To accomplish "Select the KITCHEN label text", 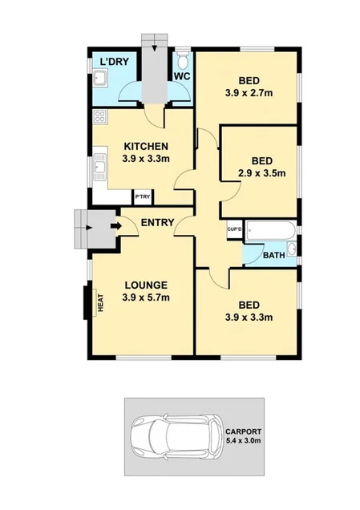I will click(x=145, y=146).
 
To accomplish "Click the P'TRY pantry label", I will click(x=142, y=196).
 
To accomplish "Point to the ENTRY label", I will click(x=157, y=222).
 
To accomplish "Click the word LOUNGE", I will click(x=145, y=285).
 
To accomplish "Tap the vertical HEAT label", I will click(x=101, y=302).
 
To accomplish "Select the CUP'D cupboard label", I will click(x=235, y=229).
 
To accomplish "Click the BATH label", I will click(x=274, y=256).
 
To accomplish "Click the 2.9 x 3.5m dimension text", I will click(x=261, y=172).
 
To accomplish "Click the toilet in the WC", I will click(x=182, y=61).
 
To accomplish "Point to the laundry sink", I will click(x=101, y=79).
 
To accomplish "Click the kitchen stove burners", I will click(x=101, y=117).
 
